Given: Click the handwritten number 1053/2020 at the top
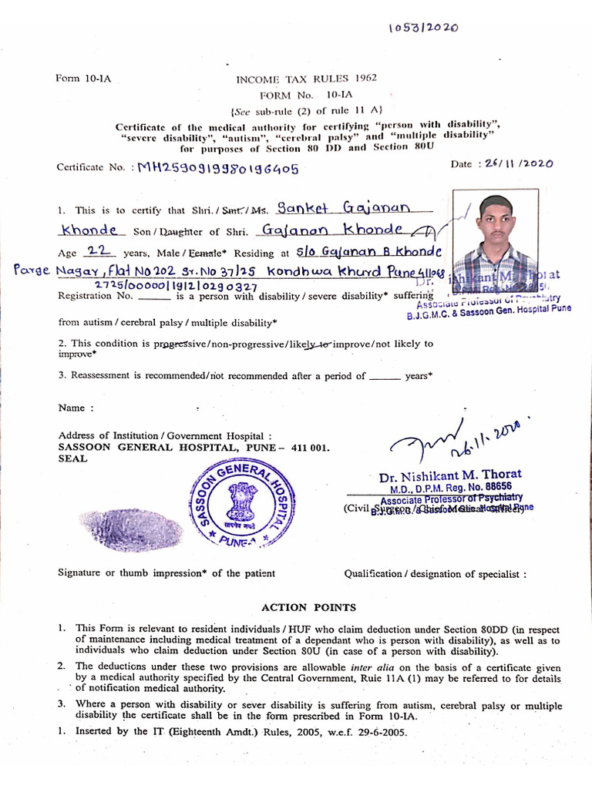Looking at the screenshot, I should point(423,28).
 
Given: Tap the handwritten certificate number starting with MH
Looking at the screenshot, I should point(217,169).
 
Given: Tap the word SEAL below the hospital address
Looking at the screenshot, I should point(72,458).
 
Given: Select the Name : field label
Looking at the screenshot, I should point(76,408).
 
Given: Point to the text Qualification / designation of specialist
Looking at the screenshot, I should point(436,573).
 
